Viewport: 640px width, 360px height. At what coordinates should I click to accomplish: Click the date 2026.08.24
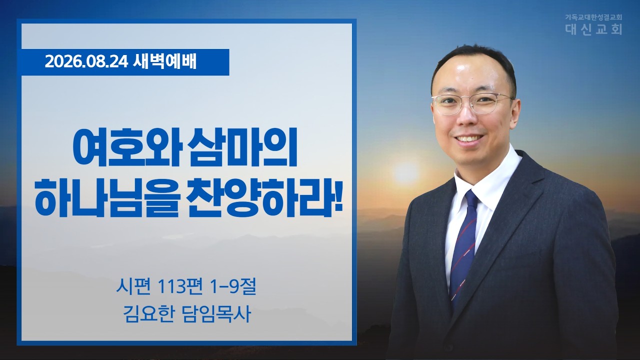click(x=86, y=62)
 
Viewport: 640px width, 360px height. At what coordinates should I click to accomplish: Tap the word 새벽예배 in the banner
click(x=165, y=62)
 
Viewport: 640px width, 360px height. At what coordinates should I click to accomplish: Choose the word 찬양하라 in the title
click(x=256, y=197)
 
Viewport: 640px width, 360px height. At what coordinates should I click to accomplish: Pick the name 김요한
click(x=148, y=314)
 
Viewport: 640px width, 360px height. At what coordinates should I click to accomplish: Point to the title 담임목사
click(x=216, y=314)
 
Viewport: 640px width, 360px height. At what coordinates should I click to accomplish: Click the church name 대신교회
click(x=593, y=29)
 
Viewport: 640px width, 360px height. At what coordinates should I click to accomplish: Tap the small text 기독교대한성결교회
click(x=593, y=17)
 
